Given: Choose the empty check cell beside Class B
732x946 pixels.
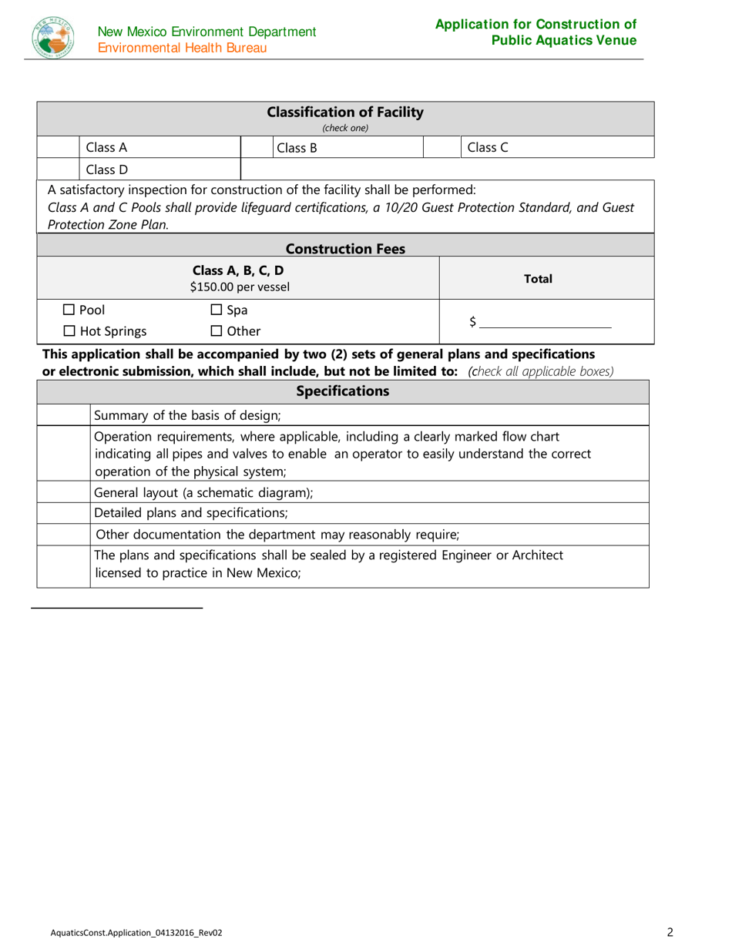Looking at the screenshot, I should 256,147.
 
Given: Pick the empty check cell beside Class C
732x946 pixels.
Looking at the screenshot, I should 442,147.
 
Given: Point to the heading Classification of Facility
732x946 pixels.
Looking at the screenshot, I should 344,112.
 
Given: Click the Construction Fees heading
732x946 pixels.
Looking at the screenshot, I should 344,249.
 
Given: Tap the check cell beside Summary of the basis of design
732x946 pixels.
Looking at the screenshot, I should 63,416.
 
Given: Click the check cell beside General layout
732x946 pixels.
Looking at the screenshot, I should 63,493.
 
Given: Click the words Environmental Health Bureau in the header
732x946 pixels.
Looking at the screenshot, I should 183,48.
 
